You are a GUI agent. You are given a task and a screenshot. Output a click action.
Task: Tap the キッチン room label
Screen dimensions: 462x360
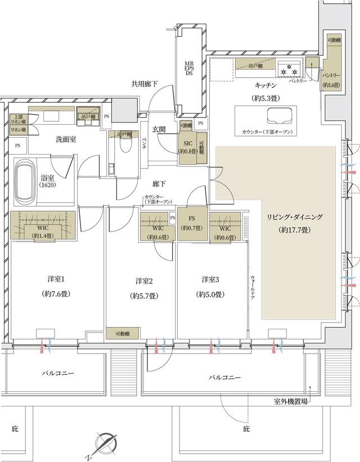pos(264,85)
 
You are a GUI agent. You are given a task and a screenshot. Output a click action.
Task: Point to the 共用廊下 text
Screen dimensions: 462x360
pos(144,84)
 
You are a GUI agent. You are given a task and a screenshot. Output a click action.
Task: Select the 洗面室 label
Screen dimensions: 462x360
pos(66,139)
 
